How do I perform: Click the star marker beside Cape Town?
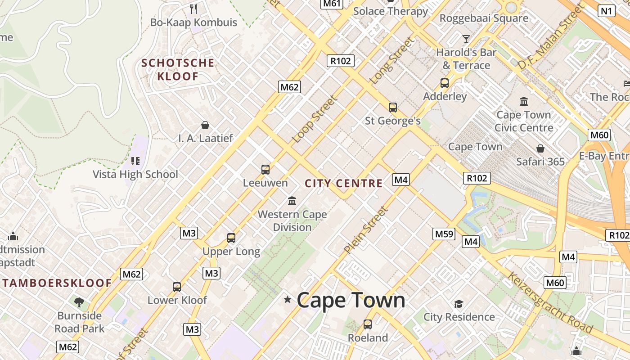pyautogui.click(x=287, y=299)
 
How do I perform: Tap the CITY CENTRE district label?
pyautogui.click(x=344, y=184)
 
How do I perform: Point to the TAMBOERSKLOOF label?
pyautogui.click(x=57, y=283)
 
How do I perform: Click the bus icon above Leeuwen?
pyautogui.click(x=265, y=170)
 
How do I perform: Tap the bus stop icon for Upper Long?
pyautogui.click(x=231, y=238)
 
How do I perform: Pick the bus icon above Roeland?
pyautogui.click(x=368, y=324)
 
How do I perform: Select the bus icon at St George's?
pyautogui.click(x=393, y=108)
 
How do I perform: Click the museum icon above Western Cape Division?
pyautogui.click(x=292, y=201)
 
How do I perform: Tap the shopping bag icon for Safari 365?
pyautogui.click(x=540, y=148)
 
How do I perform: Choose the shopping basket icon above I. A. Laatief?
pyautogui.click(x=205, y=125)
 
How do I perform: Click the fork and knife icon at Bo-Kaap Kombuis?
pyautogui.click(x=193, y=9)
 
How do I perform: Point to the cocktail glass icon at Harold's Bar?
pyautogui.click(x=466, y=39)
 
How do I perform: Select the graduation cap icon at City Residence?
pyautogui.click(x=459, y=304)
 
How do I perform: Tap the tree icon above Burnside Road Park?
pyautogui.click(x=79, y=302)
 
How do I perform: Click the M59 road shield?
pyautogui.click(x=444, y=234)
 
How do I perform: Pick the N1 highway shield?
pyautogui.click(x=607, y=11)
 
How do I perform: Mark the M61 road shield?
pyautogui.click(x=332, y=4)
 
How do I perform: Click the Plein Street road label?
pyautogui.click(x=365, y=230)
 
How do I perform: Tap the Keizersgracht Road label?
pyautogui.click(x=550, y=302)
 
